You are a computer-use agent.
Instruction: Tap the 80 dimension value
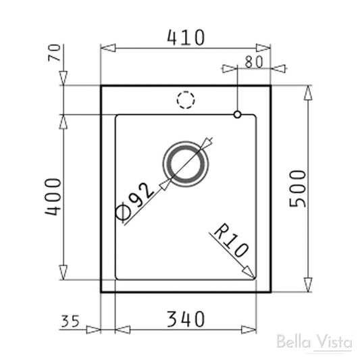coord(253,61)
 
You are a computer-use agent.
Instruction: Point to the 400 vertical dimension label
coord(53,197)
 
